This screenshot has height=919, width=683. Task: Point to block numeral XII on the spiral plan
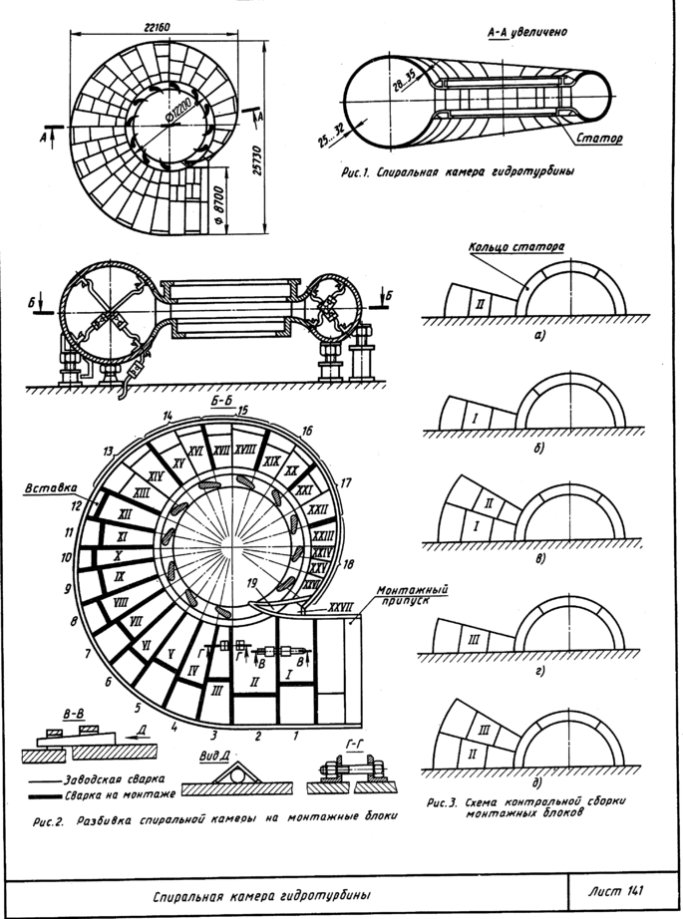124,513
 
